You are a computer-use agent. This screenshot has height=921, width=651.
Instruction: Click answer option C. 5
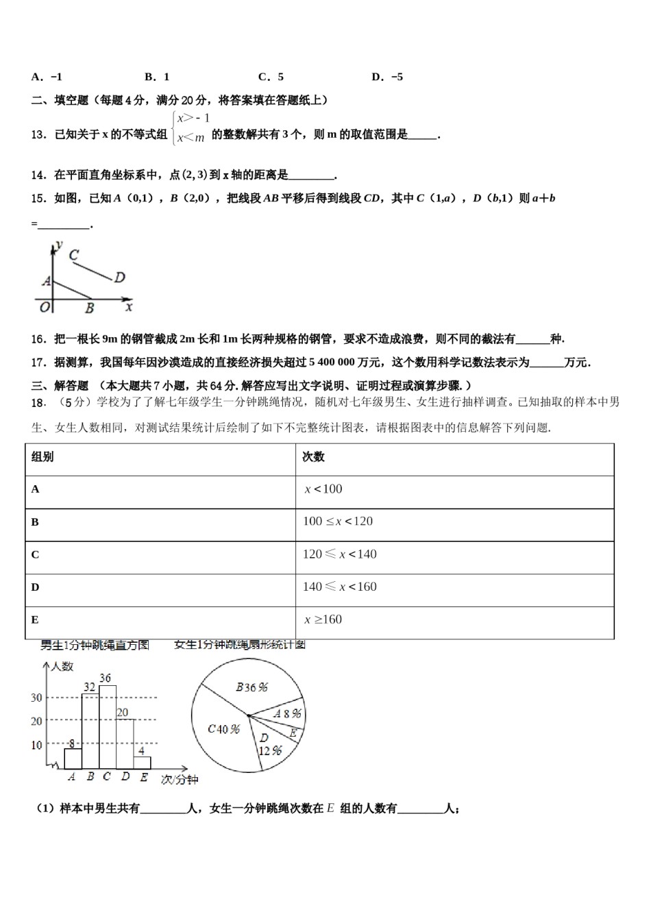[271, 77]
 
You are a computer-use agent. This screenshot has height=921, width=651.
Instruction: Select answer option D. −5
[387, 77]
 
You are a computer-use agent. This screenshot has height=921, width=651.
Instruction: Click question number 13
[38, 135]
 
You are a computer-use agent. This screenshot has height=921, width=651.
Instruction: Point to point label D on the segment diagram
[120, 278]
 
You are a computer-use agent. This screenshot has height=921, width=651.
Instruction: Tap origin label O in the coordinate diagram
[45, 308]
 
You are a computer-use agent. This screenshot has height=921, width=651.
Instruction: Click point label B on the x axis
[89, 309]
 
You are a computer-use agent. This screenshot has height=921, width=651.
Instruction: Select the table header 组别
[42, 457]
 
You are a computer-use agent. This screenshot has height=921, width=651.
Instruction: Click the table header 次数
[313, 457]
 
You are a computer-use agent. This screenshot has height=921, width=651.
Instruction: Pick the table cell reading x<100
[323, 489]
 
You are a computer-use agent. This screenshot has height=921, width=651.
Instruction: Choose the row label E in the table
[35, 620]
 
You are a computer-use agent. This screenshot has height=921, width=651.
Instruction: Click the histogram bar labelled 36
[108, 726]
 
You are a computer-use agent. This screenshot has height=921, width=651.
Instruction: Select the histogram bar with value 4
[142, 763]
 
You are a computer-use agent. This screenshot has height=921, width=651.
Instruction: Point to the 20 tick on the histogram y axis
[36, 722]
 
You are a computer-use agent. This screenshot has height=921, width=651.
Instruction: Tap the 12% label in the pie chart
[271, 750]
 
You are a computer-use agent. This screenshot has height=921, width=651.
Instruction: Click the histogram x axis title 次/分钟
[179, 780]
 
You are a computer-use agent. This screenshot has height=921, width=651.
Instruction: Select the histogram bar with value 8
[73, 759]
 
